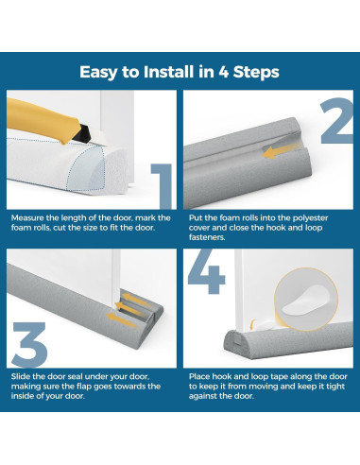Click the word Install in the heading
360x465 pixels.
coord(168,72)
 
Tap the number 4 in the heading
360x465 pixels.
coord(223,72)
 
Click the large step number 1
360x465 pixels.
coord(162,186)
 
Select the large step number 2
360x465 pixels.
coord(337,121)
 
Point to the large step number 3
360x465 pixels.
coord(29,345)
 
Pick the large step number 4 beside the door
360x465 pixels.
coord(207,271)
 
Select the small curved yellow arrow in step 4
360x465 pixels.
coord(252,324)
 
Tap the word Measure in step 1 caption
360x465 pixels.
coord(27,218)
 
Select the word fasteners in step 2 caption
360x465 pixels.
coord(207,237)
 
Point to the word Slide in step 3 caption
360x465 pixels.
coord(21,376)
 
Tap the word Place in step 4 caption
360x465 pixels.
coord(199,376)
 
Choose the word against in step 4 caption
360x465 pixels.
coord(203,396)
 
